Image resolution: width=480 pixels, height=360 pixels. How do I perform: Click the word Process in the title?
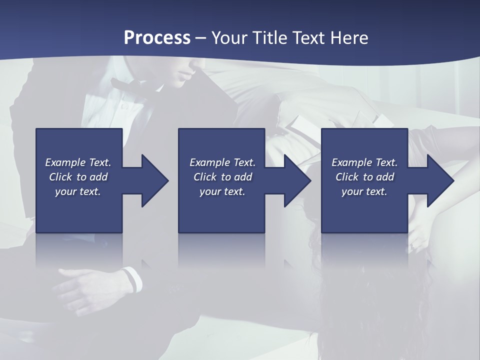[157, 37]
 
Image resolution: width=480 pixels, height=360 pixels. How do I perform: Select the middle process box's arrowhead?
[297, 180]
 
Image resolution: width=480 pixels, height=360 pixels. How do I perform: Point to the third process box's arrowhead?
[439, 180]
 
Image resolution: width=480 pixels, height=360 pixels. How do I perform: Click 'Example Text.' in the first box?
[78, 162]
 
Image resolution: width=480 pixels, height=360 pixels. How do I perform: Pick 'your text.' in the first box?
[78, 191]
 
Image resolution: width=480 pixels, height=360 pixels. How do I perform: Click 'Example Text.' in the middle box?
[222, 162]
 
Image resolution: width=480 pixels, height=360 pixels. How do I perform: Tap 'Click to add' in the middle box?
[222, 177]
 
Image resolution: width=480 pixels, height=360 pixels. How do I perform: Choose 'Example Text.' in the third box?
[364, 162]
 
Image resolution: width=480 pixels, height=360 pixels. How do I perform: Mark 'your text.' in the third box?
[364, 191]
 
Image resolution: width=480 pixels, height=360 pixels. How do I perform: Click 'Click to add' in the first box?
[78, 177]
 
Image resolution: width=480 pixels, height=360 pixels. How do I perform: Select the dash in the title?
[200, 38]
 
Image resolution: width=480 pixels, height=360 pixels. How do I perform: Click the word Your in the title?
[230, 37]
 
